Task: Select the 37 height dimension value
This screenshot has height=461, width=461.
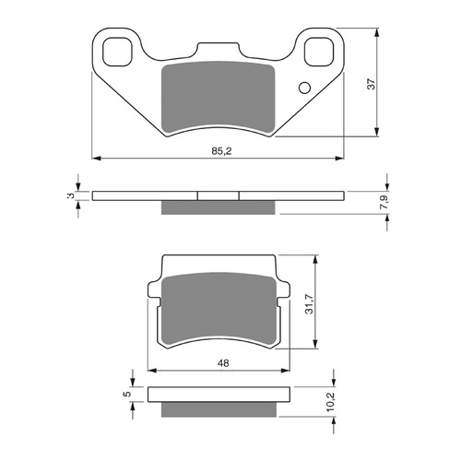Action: point(371,83)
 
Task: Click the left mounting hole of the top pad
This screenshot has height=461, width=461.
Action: point(117,52)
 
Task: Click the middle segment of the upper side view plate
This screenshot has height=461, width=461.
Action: point(219,195)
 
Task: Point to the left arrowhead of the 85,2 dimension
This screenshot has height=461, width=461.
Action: point(96,157)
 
